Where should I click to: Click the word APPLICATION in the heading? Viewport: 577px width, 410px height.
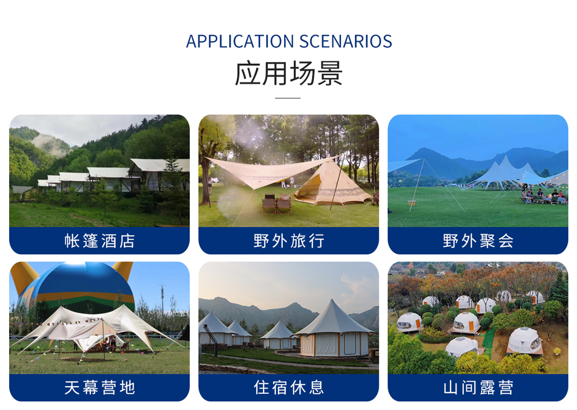click(240, 41)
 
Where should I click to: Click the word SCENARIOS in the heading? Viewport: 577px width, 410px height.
click(346, 41)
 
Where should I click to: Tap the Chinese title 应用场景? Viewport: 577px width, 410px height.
click(288, 73)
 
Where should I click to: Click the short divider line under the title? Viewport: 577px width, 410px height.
click(288, 98)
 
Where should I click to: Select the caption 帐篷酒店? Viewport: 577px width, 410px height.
click(100, 241)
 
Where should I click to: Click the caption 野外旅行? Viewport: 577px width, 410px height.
click(289, 241)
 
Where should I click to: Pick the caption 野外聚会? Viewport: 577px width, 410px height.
click(478, 241)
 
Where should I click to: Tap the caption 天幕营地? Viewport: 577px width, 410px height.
click(100, 387)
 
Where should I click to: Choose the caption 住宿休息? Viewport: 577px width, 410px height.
click(289, 387)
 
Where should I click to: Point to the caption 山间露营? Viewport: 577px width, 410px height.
click(478, 387)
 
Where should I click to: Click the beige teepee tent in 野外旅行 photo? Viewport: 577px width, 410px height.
click(332, 184)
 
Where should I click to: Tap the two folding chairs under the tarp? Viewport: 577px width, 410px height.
click(276, 204)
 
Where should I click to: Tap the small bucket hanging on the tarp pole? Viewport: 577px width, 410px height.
click(412, 203)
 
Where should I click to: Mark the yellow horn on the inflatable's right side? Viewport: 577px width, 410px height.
click(123, 270)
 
